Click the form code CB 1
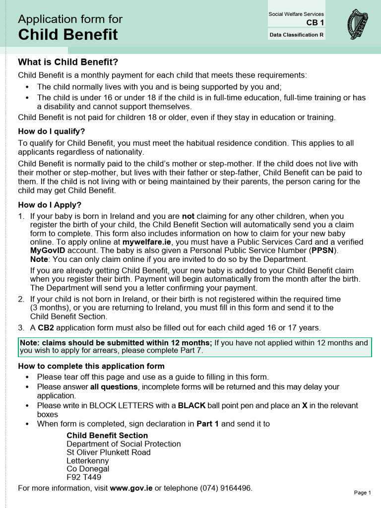coord(315,23)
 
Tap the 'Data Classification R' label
coord(296,35)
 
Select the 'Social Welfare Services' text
coord(296,14)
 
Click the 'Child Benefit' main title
coord(68,35)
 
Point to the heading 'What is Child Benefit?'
coord(68,63)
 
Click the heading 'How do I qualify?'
coord(52,131)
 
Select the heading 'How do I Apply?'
coord(50,205)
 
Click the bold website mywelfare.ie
coord(147,242)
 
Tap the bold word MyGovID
coord(48,250)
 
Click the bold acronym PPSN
coord(324,250)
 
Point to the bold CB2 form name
coord(46,327)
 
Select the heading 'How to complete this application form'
coord(91,366)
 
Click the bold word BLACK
coord(191,405)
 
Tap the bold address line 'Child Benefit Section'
coord(107,435)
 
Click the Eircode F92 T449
coord(84,477)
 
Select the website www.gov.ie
coord(131,488)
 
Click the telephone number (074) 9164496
coord(226,488)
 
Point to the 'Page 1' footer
coord(362,493)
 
